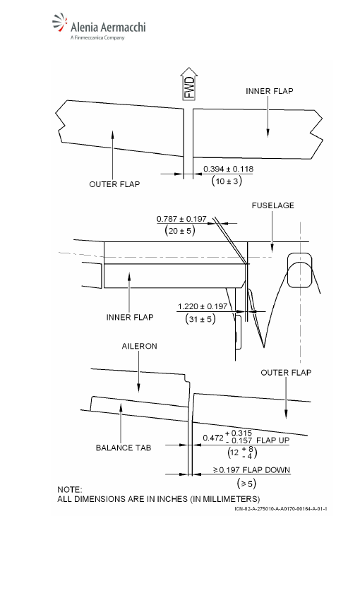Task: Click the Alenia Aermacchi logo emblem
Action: click(60, 23)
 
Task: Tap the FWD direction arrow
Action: click(188, 84)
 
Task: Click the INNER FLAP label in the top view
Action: click(270, 91)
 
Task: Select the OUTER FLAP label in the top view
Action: click(114, 184)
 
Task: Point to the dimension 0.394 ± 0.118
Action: click(228, 169)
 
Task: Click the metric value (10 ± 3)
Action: click(227, 181)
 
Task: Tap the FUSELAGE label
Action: click(272, 205)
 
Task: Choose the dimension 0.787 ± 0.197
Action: click(181, 219)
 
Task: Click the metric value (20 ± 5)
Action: click(180, 230)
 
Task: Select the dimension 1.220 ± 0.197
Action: click(203, 306)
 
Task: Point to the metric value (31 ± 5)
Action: click(200, 318)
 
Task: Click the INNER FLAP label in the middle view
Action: click(130, 317)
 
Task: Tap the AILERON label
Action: click(139, 346)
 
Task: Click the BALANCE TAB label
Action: click(124, 448)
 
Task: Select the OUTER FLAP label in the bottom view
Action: click(286, 373)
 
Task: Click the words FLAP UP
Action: click(272, 440)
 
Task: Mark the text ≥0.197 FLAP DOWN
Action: click(251, 470)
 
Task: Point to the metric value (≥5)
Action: click(246, 484)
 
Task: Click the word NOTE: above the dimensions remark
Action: click(70, 490)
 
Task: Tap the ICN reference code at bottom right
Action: click(281, 509)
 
